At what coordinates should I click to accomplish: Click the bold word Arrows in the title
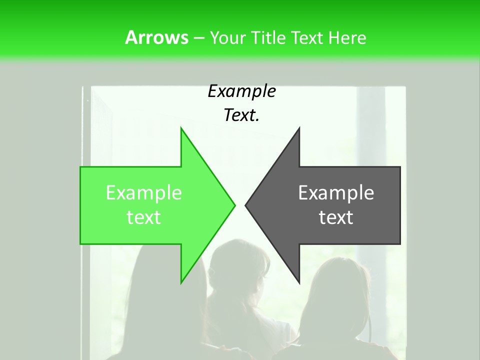pyautogui.click(x=156, y=37)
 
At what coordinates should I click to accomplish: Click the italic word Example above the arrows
pyautogui.click(x=241, y=91)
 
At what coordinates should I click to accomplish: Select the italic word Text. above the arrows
pyautogui.click(x=241, y=115)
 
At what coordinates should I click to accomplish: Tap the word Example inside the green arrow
pyautogui.click(x=144, y=193)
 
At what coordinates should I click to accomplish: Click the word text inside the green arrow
pyautogui.click(x=144, y=217)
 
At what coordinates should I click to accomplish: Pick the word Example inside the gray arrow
pyautogui.click(x=336, y=193)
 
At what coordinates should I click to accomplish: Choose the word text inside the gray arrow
pyautogui.click(x=336, y=217)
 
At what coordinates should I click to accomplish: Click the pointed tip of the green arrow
pyautogui.click(x=234, y=205)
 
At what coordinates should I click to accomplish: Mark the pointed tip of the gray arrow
pyautogui.click(x=246, y=205)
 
